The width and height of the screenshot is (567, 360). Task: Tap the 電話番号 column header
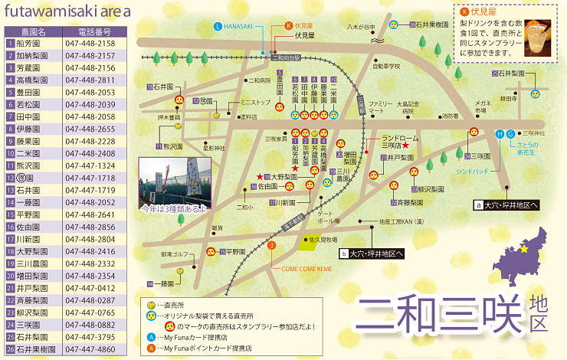tap(94, 32)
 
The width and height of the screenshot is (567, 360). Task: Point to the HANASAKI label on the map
tap(240, 26)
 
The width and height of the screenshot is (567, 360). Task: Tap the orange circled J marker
tap(270, 245)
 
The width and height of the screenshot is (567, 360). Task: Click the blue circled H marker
tap(500, 134)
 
